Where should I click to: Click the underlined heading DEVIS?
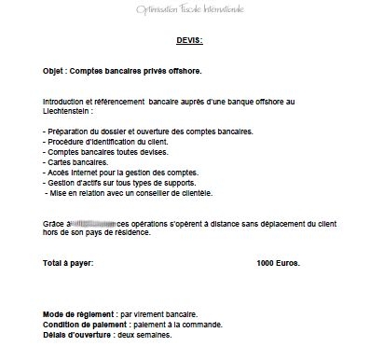pyautogui.click(x=189, y=41)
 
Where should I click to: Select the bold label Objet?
pyautogui.click(x=56, y=71)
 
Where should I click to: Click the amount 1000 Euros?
pyautogui.click(x=278, y=265)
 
